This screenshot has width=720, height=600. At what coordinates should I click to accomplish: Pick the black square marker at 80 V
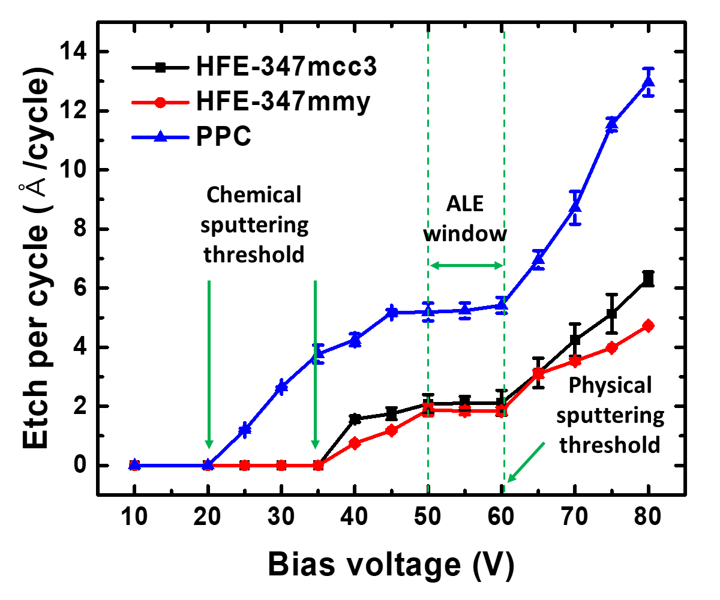tap(648, 279)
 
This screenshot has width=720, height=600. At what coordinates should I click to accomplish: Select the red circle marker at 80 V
tap(648, 326)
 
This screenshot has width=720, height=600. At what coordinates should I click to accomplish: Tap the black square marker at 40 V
tap(355, 419)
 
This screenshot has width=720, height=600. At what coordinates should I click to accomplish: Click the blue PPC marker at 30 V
tap(281, 388)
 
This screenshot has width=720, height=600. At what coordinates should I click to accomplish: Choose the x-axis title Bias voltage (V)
tap(391, 564)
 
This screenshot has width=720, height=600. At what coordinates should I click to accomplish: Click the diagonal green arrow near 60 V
tap(526, 462)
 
